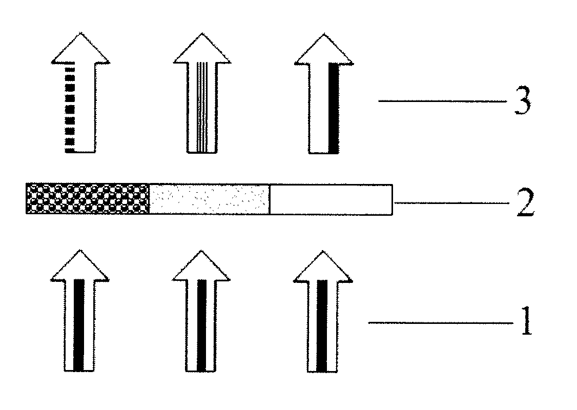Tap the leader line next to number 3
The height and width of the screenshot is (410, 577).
(442, 101)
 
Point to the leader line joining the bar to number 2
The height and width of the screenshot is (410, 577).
(451, 203)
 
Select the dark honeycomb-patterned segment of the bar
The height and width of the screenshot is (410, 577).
(87, 198)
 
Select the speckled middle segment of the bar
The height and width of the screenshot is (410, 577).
(209, 198)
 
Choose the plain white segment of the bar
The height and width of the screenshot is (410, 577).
(331, 198)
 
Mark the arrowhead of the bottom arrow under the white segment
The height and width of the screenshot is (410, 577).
(323, 266)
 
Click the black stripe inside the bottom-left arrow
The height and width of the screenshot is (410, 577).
(78, 325)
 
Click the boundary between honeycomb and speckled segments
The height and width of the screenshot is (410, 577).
(149, 198)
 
